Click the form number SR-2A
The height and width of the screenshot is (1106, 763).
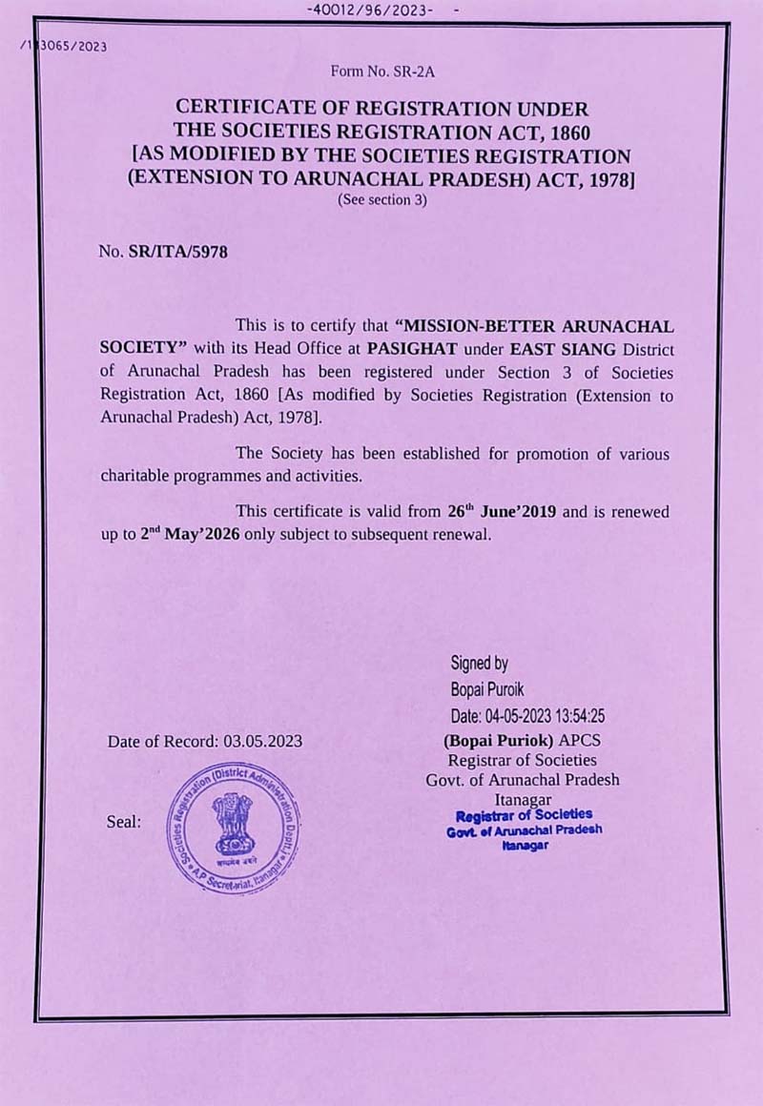click(x=381, y=71)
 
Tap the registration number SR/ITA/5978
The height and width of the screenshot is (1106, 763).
click(x=177, y=252)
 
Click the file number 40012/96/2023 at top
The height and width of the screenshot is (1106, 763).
click(x=371, y=10)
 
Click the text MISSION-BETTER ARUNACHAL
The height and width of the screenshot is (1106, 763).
click(x=541, y=326)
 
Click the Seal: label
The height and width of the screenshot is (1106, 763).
click(x=124, y=821)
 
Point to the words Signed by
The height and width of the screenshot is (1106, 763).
click(x=479, y=663)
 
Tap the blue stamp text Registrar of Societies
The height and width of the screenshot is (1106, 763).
click(x=524, y=816)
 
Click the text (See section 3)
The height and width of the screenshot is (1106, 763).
click(x=381, y=200)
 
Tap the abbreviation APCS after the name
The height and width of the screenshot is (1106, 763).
click(x=581, y=741)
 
